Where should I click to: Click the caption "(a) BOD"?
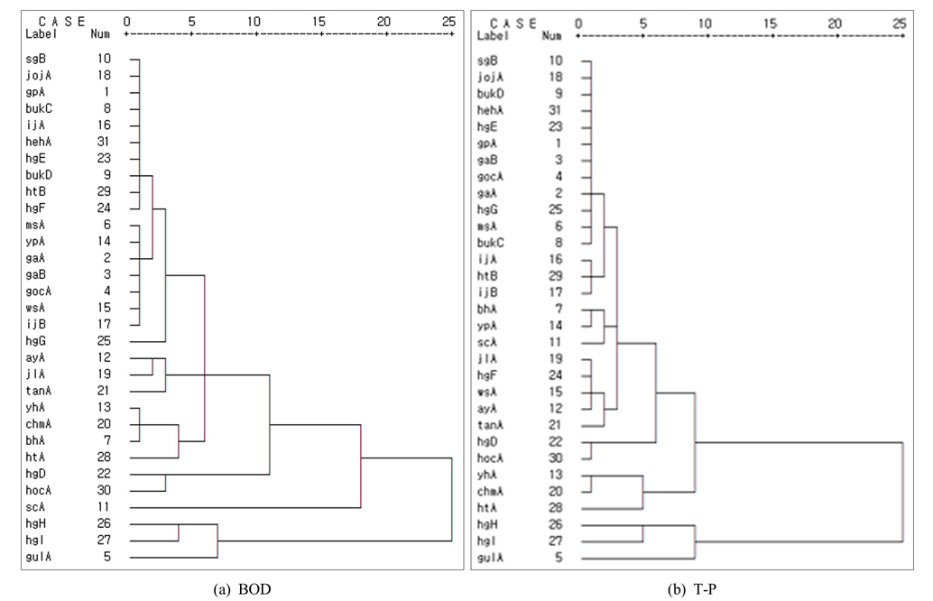click(241, 588)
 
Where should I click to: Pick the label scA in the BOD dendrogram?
click(36, 507)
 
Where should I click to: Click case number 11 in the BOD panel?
click(105, 507)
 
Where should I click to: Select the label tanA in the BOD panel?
click(39, 391)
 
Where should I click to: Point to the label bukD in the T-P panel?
click(490, 94)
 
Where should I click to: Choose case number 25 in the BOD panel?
click(105, 341)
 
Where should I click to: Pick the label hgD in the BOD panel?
click(37, 474)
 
